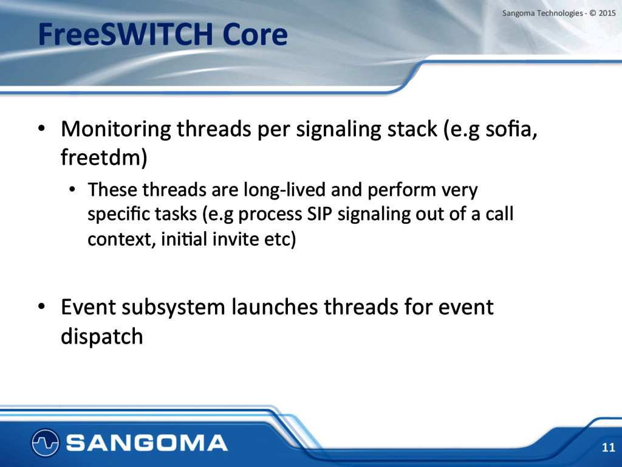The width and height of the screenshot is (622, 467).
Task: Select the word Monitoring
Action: click(116, 130)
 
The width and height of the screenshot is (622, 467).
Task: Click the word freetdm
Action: click(104, 157)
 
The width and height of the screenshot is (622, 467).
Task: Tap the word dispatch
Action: click(102, 337)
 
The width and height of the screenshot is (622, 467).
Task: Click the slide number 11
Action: click(608, 447)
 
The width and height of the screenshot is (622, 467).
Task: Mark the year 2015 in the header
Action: click(607, 13)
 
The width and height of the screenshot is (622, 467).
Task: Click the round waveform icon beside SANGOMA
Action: click(45, 443)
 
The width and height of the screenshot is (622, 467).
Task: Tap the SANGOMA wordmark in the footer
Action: click(147, 443)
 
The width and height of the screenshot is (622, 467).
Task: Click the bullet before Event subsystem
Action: click(41, 307)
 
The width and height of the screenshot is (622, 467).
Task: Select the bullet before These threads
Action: click(72, 190)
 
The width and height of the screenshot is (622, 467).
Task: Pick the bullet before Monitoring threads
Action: click(41, 129)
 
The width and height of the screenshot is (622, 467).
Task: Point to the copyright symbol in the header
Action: click(593, 13)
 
